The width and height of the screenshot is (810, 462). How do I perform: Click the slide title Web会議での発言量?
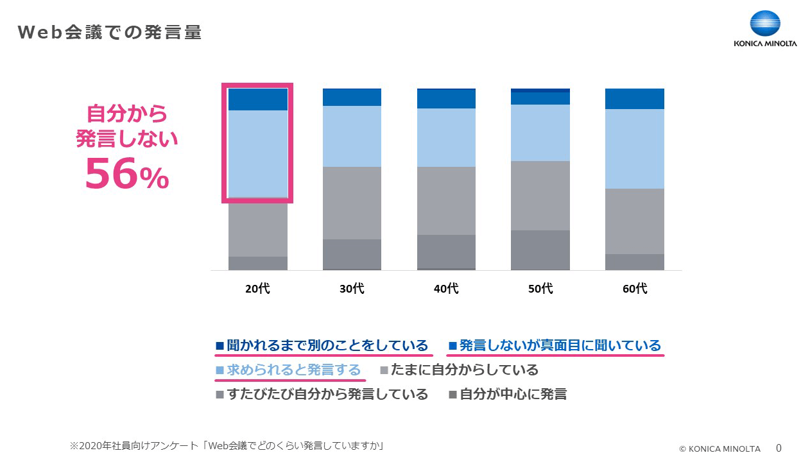coord(110,33)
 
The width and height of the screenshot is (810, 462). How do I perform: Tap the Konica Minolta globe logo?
coord(765,25)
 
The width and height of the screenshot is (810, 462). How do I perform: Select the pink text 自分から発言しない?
coord(126,126)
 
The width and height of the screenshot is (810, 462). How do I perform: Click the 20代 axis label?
coord(257,289)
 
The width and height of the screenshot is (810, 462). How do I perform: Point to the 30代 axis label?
coord(352,289)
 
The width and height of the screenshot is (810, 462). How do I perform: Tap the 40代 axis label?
coord(446,289)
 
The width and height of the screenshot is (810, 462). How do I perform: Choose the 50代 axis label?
coord(540,289)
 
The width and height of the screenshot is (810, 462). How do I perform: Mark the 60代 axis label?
coord(635,289)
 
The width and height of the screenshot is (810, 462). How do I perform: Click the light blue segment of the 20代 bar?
coord(257,153)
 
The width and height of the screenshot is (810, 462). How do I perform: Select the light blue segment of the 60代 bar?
coord(635,148)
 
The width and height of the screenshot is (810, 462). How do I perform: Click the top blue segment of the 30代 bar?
coord(352,97)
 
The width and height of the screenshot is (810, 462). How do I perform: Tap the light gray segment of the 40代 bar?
coord(446,200)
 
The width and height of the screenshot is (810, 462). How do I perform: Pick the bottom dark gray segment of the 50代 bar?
coord(540,250)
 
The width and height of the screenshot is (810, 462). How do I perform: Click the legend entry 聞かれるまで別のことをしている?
coord(322,346)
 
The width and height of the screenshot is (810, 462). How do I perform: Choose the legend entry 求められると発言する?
coord(288,370)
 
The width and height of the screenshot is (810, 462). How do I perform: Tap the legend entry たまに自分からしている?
coord(460,370)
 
